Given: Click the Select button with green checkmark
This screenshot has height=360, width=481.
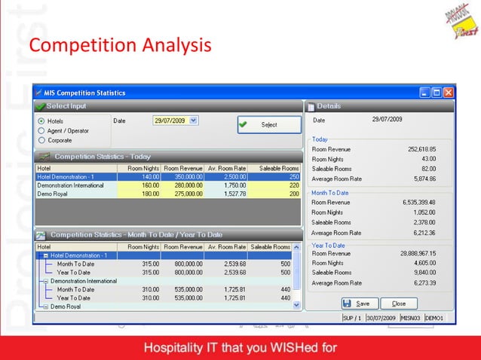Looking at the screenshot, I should tap(269, 125).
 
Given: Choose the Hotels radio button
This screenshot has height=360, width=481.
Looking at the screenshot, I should tap(41, 121).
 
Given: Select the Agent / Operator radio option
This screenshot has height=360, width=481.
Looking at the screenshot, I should tap(41, 130).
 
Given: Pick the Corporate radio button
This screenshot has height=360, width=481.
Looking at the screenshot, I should tap(41, 139).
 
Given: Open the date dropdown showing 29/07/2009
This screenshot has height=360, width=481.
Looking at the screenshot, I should tap(193, 120).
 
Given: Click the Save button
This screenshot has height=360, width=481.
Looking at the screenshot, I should tap(356, 304).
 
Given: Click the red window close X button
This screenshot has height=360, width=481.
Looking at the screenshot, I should tap(449, 93).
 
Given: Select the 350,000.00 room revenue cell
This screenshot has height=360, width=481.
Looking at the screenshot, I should tap(185, 176).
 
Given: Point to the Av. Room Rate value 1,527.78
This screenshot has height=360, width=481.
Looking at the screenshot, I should tap(229, 194).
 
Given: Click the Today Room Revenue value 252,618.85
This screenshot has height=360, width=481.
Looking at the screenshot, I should tap(421, 149).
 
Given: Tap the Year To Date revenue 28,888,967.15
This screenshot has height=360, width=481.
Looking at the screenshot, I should tap(417, 253).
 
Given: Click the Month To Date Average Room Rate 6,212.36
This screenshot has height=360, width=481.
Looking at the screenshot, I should tap(423, 233).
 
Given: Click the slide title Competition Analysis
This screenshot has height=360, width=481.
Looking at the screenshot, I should tap(120, 46).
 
